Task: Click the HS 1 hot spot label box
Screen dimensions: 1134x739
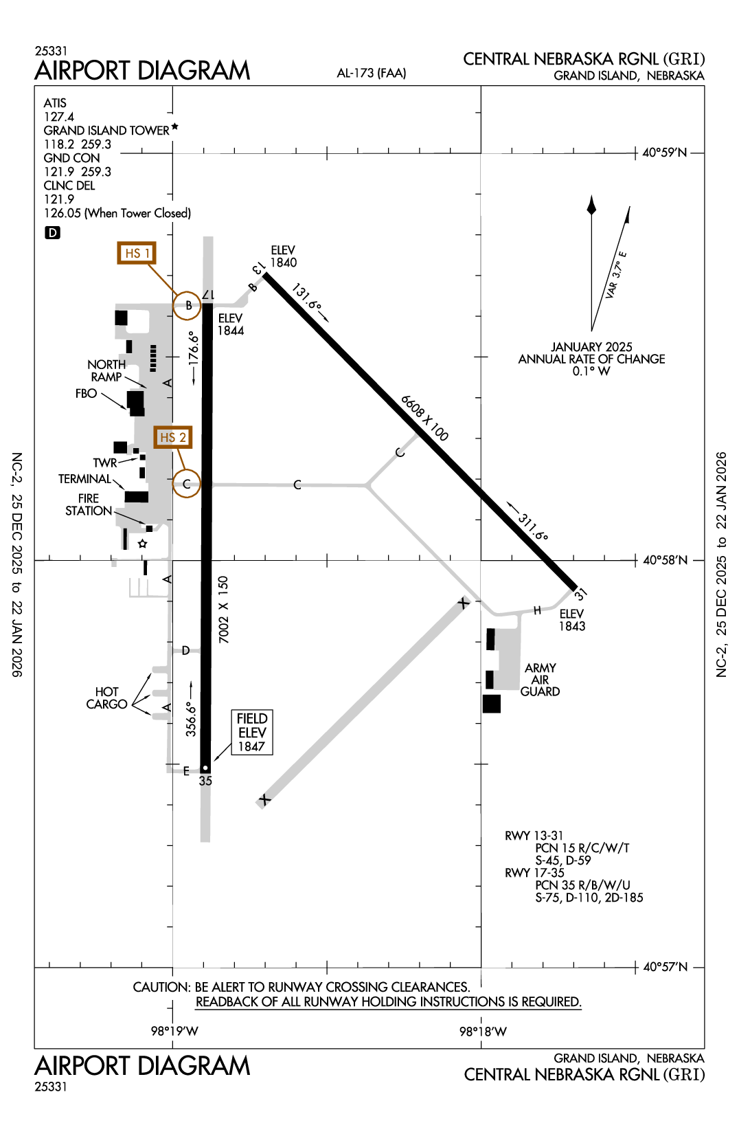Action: [x=136, y=253]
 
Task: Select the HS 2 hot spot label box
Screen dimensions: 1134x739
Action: [x=172, y=437]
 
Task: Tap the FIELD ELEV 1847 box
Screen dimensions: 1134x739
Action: [x=251, y=733]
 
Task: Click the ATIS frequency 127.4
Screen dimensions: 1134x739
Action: [x=59, y=117]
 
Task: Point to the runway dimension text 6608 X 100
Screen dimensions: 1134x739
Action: [x=424, y=418]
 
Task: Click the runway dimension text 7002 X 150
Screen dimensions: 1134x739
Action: [x=223, y=610]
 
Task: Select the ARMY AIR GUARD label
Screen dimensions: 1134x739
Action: [x=540, y=680]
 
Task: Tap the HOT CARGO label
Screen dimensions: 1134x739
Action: [x=106, y=698]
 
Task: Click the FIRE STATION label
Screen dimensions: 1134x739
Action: [x=89, y=504]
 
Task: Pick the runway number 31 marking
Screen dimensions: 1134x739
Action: [x=581, y=593]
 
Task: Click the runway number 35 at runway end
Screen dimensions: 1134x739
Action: [x=205, y=781]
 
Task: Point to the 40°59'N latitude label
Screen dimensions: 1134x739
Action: [x=664, y=153]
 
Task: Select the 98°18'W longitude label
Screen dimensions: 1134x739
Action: [x=483, y=1032]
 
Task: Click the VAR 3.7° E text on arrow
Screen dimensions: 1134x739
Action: [x=616, y=275]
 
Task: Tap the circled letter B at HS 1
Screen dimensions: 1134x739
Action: [x=187, y=305]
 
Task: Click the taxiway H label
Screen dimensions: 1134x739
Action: [x=537, y=610]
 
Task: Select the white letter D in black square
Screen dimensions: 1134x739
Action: [x=52, y=233]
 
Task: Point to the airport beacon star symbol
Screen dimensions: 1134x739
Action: [x=142, y=544]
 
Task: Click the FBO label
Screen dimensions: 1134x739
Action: [x=87, y=394]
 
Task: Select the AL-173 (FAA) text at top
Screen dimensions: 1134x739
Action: [x=372, y=73]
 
